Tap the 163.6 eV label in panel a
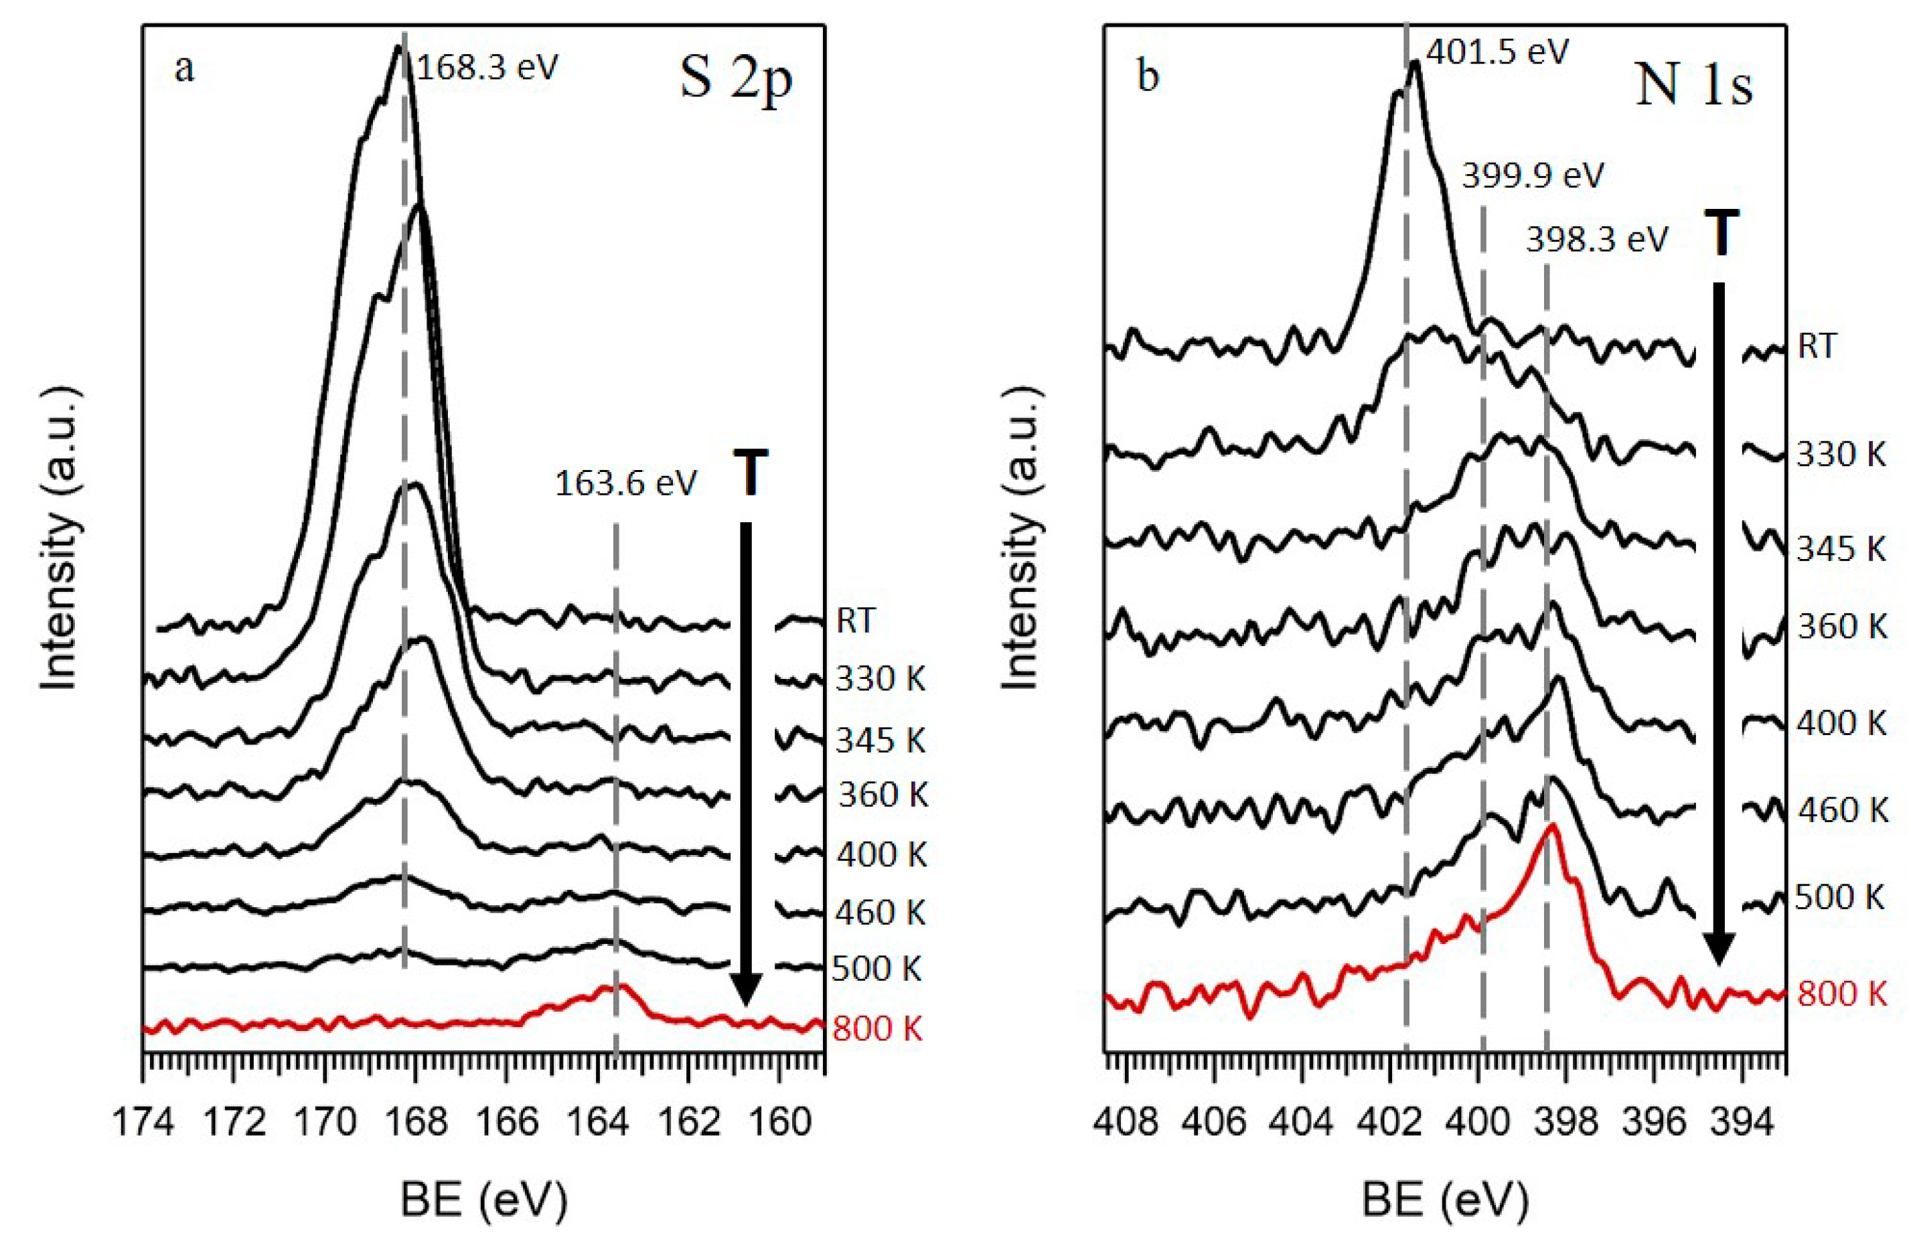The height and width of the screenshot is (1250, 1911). (x=626, y=483)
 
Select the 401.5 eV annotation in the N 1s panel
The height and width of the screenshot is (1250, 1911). (x=1497, y=53)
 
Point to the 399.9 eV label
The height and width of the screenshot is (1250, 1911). (x=1532, y=175)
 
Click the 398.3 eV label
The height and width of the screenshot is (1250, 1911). (x=1597, y=239)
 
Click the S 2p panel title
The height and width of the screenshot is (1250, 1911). (x=735, y=81)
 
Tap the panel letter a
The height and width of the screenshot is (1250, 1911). (x=184, y=70)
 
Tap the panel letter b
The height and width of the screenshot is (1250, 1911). (x=1149, y=77)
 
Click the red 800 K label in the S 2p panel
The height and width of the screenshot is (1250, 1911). (x=878, y=1028)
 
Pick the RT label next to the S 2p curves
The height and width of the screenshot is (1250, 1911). (x=855, y=621)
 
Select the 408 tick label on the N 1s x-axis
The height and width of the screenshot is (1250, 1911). (x=1126, y=1122)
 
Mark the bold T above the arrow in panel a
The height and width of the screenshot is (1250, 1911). (x=750, y=475)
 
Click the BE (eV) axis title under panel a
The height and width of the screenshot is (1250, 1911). (x=484, y=1202)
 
